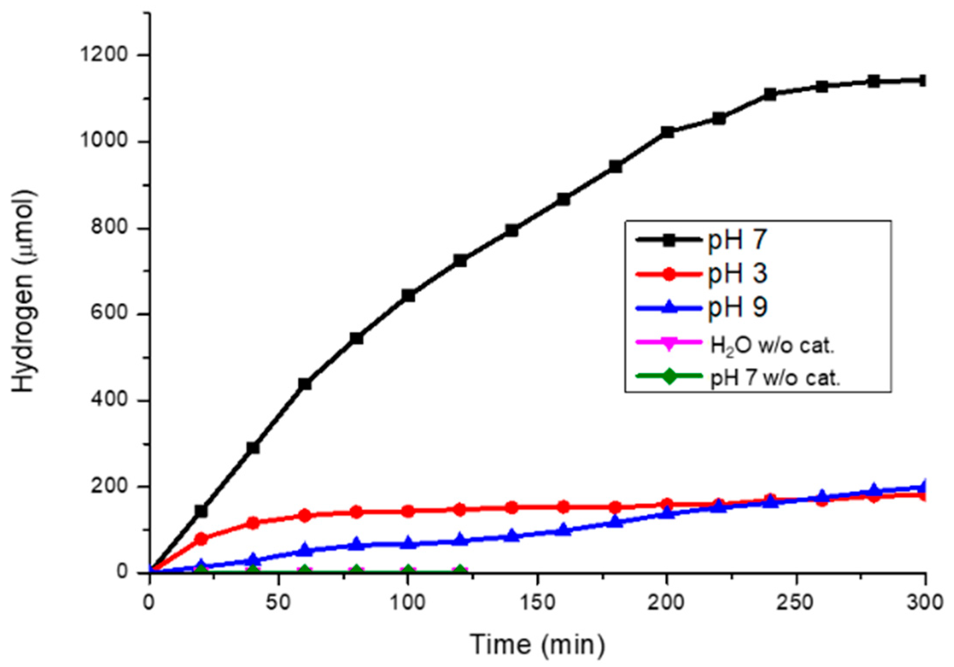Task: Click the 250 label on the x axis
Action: [796, 602]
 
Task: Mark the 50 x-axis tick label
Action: [278, 602]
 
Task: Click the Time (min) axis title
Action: [537, 644]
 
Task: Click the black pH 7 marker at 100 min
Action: [408, 296]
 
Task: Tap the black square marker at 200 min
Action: [667, 132]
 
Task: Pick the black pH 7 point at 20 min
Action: [201, 511]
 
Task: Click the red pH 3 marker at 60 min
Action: [305, 515]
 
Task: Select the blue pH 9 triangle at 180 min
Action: [615, 521]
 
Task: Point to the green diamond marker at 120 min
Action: [460, 570]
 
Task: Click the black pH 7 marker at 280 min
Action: [873, 81]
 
